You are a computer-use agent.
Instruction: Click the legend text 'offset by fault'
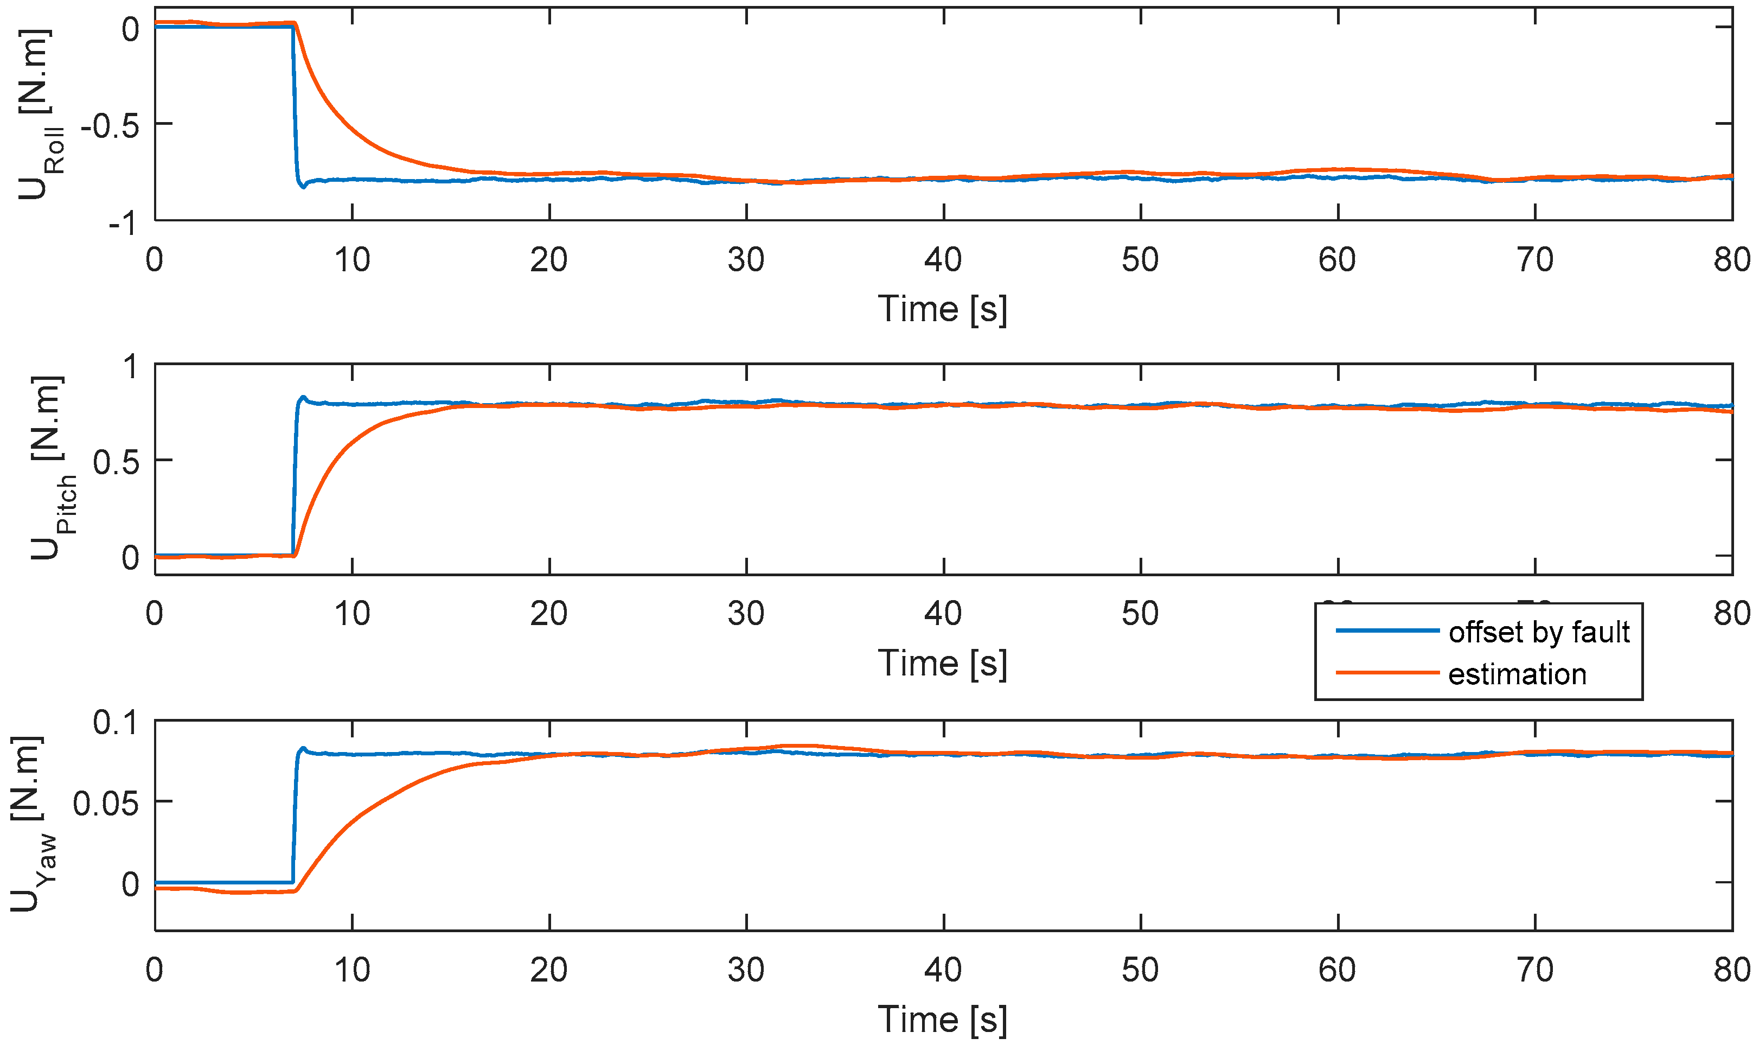tap(1538, 632)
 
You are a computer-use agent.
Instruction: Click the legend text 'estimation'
tap(1517, 674)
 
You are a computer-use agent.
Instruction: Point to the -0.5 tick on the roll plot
tap(110, 127)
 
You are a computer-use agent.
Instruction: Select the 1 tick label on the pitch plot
tap(131, 367)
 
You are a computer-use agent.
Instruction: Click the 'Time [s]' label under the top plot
tap(942, 309)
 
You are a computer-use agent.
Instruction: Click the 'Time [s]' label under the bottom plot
tap(942, 1020)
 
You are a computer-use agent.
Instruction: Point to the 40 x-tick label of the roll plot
tap(943, 260)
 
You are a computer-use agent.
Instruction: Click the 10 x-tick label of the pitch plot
tap(352, 614)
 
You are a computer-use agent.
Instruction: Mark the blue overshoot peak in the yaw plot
tap(303, 748)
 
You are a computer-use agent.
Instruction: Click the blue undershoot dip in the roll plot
tap(303, 186)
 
